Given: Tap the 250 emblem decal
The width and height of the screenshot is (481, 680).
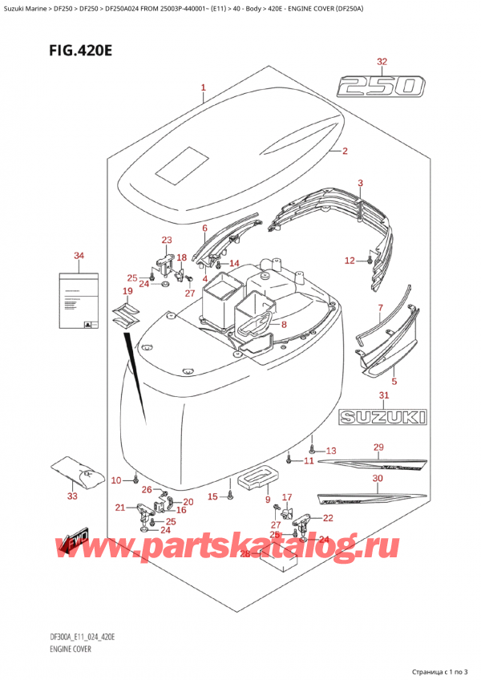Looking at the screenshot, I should tap(381, 85).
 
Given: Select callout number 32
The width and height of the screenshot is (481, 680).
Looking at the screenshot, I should tap(382, 61).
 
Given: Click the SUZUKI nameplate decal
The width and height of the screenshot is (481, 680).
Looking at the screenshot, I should tap(383, 417).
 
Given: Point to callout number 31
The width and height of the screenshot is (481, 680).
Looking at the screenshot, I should tap(384, 396).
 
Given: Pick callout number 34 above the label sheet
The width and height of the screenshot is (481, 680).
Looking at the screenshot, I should tap(79, 256).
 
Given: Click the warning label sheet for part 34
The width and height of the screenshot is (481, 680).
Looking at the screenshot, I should tap(79, 300).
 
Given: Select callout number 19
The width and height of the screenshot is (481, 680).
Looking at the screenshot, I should tap(127, 290).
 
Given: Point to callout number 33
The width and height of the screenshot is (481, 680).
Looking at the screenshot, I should tap(74, 496).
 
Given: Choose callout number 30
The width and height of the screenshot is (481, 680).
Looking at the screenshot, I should tap(378, 479).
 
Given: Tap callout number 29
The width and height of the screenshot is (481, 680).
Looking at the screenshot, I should tap(378, 447).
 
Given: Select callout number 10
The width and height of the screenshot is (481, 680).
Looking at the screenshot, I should tap(116, 480).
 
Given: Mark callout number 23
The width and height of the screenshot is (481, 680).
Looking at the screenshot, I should tap(166, 240).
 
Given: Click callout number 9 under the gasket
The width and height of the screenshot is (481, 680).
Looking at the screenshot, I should tap(267, 500).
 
